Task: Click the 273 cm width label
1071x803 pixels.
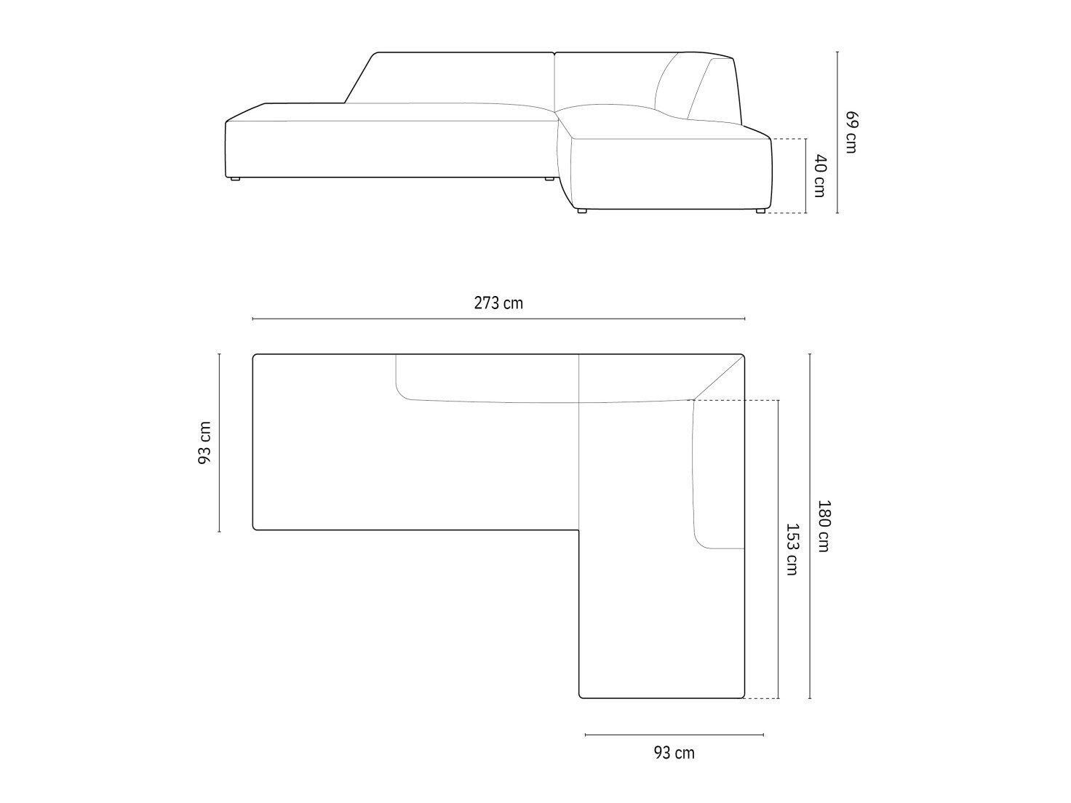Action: (498, 303)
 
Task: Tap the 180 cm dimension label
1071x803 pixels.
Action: (824, 526)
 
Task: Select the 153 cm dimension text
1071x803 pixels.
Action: (792, 549)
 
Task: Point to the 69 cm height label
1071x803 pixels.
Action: (851, 132)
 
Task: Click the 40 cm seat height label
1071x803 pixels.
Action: (820, 176)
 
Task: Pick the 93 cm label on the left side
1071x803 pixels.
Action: (205, 443)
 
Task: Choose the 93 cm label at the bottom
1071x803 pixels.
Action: (674, 767)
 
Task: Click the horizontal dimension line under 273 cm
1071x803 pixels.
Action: (498, 319)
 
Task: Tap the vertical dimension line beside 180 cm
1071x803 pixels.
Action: (810, 526)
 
